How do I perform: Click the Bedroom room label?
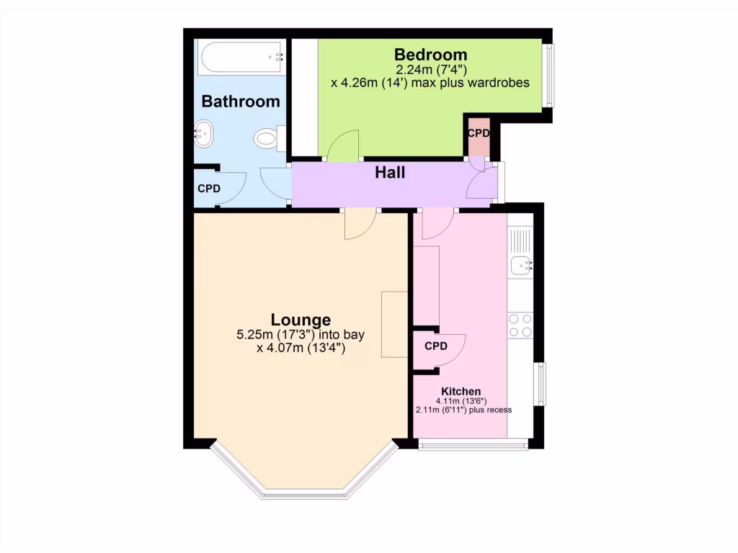(431, 55)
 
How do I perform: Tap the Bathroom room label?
(241, 102)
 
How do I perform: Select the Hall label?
(390, 173)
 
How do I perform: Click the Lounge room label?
(301, 320)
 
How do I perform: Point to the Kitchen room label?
(461, 391)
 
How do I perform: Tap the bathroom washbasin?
(204, 133)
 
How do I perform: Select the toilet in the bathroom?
(269, 138)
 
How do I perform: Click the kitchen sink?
(521, 266)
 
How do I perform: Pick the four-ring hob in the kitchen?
(520, 325)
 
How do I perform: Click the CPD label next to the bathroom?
(209, 189)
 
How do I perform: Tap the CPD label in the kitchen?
(435, 346)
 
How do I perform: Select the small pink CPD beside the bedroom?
(478, 134)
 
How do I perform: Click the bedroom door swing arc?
(344, 144)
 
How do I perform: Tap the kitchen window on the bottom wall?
(474, 444)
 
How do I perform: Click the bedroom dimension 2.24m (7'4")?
(431, 70)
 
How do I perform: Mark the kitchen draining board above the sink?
(520, 239)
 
